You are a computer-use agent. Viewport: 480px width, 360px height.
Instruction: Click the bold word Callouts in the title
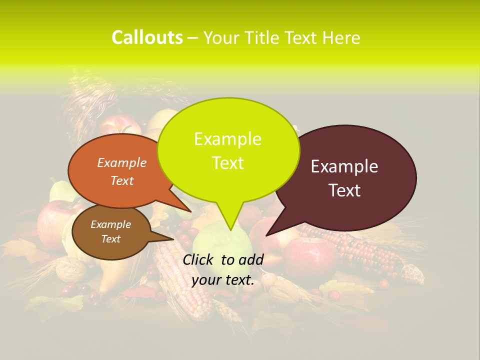point(147,37)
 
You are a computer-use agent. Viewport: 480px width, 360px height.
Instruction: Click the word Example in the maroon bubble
point(344,166)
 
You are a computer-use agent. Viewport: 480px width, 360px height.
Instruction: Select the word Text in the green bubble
point(228,163)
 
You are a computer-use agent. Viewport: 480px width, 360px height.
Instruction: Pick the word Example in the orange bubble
point(122,162)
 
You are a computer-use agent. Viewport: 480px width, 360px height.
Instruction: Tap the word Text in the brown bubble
point(111,239)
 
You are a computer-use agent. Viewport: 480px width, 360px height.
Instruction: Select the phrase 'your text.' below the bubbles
point(223,280)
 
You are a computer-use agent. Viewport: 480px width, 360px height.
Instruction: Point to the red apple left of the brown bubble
point(52,220)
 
